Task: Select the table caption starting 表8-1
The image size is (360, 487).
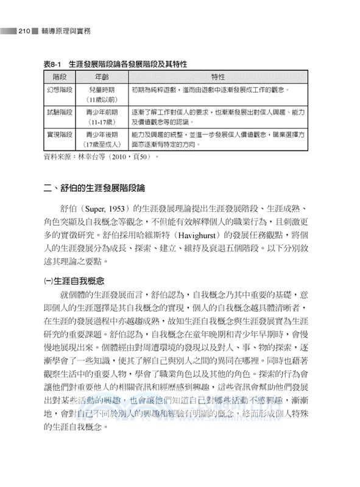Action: [115, 64]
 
